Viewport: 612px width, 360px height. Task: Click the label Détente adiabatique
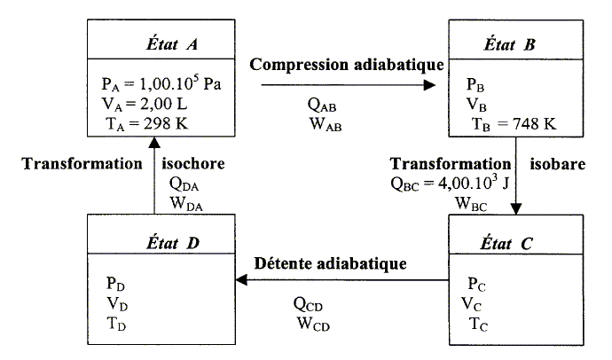pos(330,263)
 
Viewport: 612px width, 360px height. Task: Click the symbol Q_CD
pos(313,303)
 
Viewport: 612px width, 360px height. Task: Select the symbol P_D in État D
pos(115,284)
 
